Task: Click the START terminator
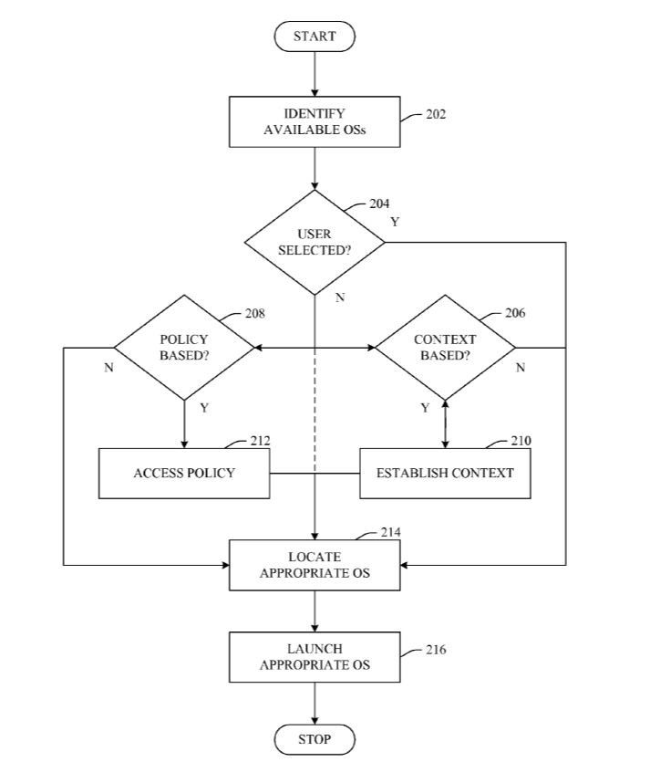[315, 37]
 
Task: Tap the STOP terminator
[315, 739]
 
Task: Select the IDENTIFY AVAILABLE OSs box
[315, 122]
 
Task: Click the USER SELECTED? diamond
[315, 243]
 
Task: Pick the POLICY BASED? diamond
[184, 348]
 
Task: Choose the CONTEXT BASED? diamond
[445, 348]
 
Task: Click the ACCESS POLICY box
[184, 473]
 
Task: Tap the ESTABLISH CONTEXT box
[445, 473]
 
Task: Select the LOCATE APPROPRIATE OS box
[315, 565]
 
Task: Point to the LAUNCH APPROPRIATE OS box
[315, 656]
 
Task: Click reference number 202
[436, 115]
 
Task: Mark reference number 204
[379, 204]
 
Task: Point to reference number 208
[255, 314]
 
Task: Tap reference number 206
[515, 314]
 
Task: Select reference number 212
[260, 442]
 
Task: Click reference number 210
[521, 442]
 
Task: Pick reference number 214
[391, 532]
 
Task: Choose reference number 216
[436, 650]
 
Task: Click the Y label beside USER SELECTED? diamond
[395, 222]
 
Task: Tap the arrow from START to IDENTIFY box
[315, 73]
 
